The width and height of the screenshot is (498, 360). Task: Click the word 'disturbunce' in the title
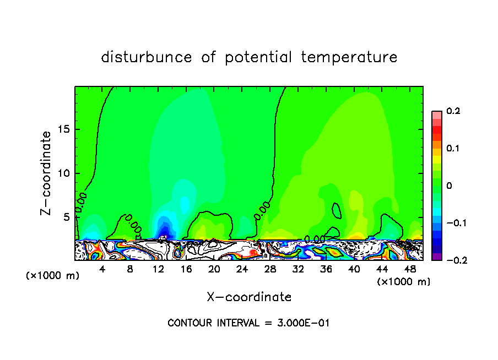pyautogui.click(x=147, y=57)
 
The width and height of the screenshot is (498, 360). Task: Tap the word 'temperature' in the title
pyautogui.click(x=349, y=57)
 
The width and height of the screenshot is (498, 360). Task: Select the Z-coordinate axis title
pyautogui.click(x=47, y=173)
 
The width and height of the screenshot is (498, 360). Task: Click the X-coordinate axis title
pyautogui.click(x=249, y=297)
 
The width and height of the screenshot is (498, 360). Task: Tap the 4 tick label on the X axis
pyautogui.click(x=102, y=270)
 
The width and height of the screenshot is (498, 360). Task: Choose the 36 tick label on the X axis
pyautogui.click(x=326, y=270)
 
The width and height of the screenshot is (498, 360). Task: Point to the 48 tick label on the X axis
pyautogui.click(x=410, y=270)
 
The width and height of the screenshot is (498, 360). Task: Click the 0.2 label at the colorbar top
pyautogui.click(x=453, y=111)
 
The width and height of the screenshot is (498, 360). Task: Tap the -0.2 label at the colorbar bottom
pyautogui.click(x=453, y=260)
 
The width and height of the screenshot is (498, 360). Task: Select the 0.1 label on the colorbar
pyautogui.click(x=453, y=149)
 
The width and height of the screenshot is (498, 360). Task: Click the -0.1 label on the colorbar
pyautogui.click(x=453, y=223)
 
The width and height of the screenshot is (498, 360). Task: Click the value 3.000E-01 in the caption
pyautogui.click(x=304, y=323)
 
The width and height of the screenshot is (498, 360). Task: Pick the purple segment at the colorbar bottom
pyautogui.click(x=436, y=257)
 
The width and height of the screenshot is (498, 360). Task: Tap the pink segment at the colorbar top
pyautogui.click(x=436, y=114)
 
